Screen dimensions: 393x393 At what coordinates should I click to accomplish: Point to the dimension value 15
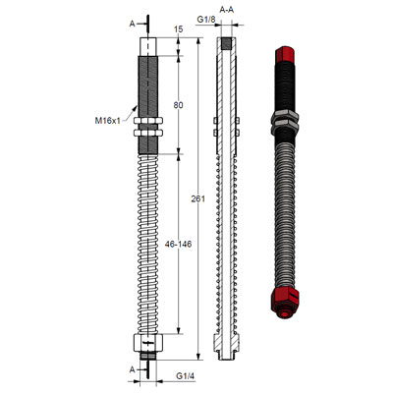coord(178,29)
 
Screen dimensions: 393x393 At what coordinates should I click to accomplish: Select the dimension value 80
coord(178,104)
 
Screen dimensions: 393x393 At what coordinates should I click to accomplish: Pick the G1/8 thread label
coord(206,20)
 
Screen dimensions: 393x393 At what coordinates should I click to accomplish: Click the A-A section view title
coord(227,9)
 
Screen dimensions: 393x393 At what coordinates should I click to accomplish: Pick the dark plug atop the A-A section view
coord(227,43)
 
